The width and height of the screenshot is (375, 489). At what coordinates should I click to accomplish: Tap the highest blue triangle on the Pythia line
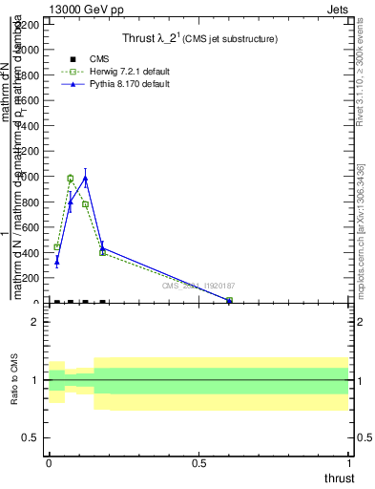point(86,178)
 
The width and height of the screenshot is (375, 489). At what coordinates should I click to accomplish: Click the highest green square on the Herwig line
point(71,179)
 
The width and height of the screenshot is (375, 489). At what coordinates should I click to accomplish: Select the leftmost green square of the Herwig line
point(57,246)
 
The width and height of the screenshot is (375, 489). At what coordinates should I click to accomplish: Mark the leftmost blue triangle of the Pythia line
point(57,261)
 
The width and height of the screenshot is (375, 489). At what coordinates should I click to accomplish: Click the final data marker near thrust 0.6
point(229,301)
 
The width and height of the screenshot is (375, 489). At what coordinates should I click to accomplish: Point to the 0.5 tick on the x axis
point(199,462)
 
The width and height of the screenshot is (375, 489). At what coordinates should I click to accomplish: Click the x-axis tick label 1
point(350,462)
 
